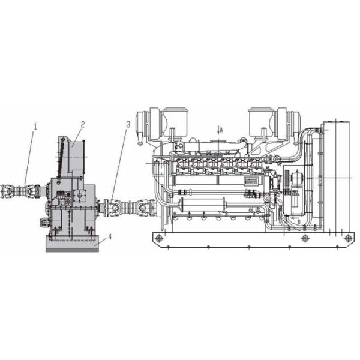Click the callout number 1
coord(35,126)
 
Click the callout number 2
coord(83,124)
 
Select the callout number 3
coord(128,124)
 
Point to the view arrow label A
coord(221,129)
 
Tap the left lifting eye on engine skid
coord(158,238)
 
